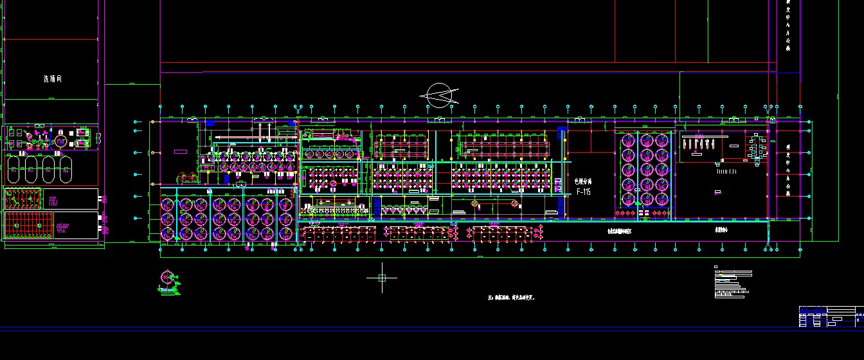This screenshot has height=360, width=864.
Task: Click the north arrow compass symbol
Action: click(x=439, y=96)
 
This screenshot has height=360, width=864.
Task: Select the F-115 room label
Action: click(x=583, y=192)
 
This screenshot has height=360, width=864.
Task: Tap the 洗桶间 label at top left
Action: click(x=53, y=79)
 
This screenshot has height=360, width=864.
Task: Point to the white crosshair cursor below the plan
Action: click(x=382, y=278)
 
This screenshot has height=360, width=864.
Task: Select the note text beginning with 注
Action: click(x=511, y=298)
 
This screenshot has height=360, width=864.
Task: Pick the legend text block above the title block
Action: click(x=733, y=283)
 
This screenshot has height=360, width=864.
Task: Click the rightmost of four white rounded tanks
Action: click(x=65, y=172)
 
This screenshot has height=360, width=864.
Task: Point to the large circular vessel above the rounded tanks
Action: click(x=61, y=140)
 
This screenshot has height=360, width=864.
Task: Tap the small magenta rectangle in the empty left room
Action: click(x=181, y=152)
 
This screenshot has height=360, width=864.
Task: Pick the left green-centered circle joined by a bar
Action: click(x=476, y=204)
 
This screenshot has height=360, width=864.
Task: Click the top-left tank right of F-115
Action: click(x=629, y=141)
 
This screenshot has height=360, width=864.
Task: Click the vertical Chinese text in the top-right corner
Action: click(x=789, y=26)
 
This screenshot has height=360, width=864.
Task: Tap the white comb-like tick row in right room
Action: click(x=724, y=172)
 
